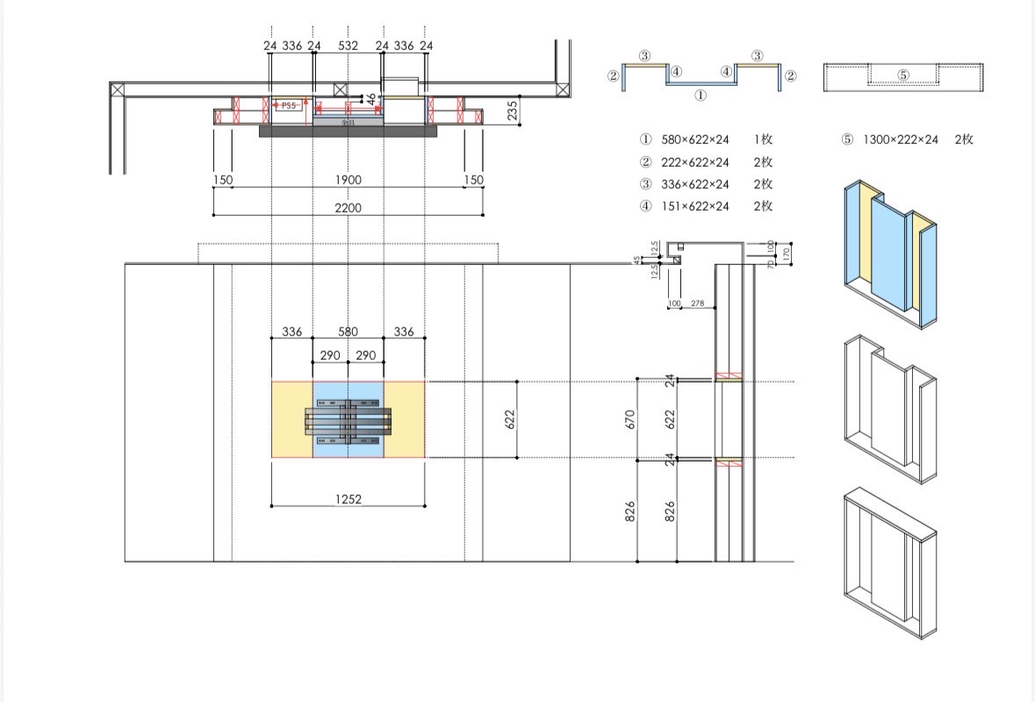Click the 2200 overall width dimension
point(348,208)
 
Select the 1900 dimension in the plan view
point(348,180)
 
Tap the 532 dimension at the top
point(348,45)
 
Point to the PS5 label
point(288,105)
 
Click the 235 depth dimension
point(513,110)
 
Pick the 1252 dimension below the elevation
point(348,498)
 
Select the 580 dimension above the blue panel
point(348,332)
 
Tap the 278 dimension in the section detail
point(697,304)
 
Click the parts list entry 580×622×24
point(694,139)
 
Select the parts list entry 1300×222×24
point(900,139)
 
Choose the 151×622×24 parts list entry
point(694,206)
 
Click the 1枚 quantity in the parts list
point(762,139)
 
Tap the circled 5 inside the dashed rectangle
point(903,75)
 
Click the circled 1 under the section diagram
point(701,95)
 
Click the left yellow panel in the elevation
point(291,419)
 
